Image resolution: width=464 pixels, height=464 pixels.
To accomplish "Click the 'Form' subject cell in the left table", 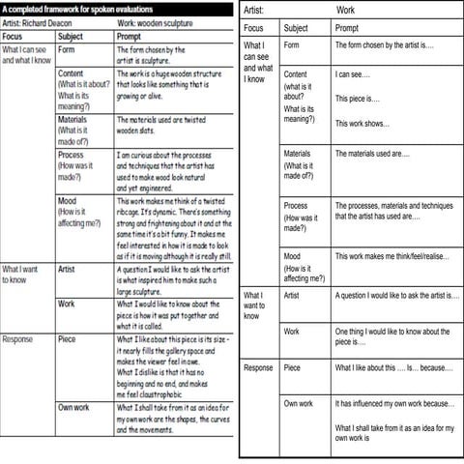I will [x=68, y=48].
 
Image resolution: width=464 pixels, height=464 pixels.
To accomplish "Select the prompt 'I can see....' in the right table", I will [x=351, y=74].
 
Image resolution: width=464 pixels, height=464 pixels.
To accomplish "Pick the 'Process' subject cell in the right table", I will [x=296, y=205].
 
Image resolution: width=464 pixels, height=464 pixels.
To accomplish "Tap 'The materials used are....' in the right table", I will [x=372, y=153].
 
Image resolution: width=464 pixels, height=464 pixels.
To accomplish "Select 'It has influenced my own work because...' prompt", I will [x=394, y=403].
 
